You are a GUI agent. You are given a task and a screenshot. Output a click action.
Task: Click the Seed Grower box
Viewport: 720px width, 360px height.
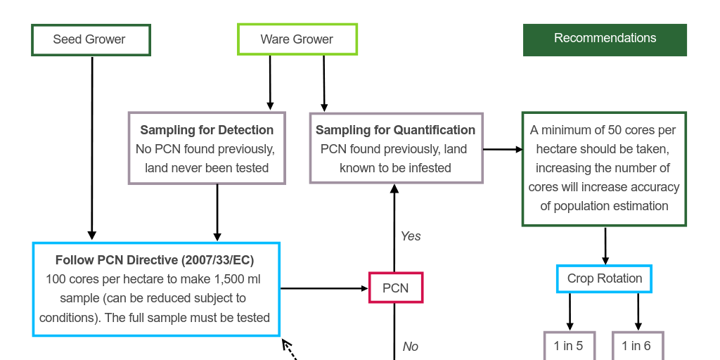click(91, 40)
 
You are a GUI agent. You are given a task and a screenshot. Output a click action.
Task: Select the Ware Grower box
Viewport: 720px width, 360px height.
click(297, 39)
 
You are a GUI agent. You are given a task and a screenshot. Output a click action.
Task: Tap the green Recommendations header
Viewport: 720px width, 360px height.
click(605, 39)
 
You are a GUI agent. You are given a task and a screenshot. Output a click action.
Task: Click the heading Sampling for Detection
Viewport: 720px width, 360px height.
click(207, 130)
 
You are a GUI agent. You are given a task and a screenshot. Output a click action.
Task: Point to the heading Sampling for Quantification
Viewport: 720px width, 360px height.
click(395, 130)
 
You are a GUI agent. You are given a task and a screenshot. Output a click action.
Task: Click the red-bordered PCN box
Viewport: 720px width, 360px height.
click(395, 288)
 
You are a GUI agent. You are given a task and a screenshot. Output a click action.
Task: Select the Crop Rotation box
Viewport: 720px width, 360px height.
click(604, 279)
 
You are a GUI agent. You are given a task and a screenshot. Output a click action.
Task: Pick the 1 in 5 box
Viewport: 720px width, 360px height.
click(569, 346)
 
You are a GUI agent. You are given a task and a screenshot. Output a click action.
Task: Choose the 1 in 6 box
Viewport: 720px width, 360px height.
click(636, 346)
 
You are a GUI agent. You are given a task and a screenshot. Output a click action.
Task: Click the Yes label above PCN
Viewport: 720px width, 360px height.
click(411, 236)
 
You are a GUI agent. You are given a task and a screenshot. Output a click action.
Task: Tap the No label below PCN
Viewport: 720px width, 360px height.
click(411, 347)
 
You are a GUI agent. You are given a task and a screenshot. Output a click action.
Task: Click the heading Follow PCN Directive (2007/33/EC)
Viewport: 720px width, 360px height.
click(155, 260)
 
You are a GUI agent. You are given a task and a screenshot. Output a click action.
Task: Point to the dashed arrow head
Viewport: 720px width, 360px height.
click(286, 344)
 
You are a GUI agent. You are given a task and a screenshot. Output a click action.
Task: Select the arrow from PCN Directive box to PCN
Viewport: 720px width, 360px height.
click(324, 288)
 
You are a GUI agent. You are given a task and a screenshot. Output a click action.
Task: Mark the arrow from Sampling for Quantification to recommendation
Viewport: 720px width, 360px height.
click(502, 149)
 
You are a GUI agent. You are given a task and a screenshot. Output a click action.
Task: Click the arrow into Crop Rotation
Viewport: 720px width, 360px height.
click(605, 245)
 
